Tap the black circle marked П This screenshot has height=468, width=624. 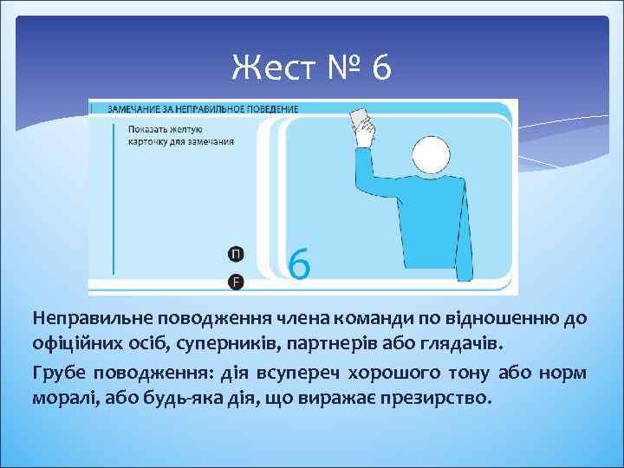coord(236,253)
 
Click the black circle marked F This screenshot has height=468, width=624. coord(236,281)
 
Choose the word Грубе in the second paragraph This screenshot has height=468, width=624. coord(59,374)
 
